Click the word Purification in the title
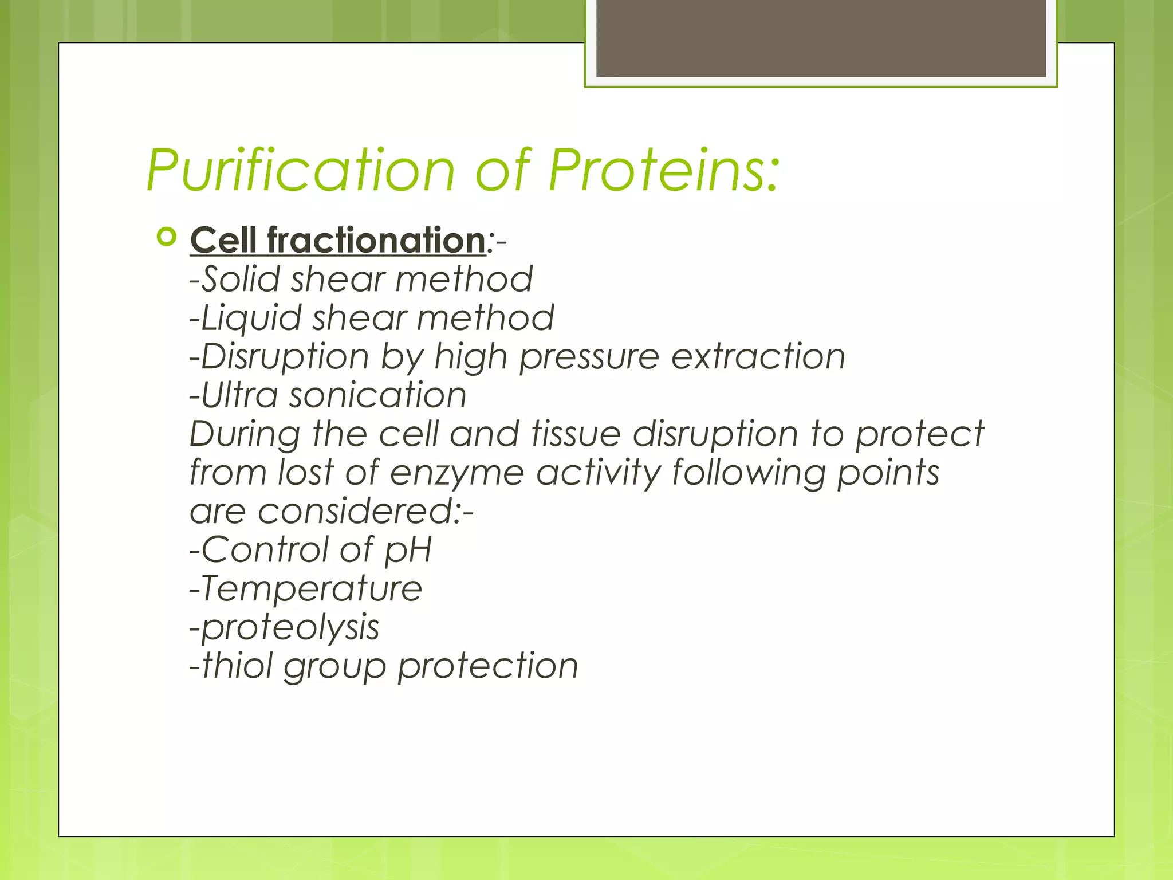click(300, 170)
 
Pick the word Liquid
click(251, 319)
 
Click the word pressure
click(589, 357)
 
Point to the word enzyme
click(458, 473)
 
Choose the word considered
click(356, 511)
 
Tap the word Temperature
click(312, 589)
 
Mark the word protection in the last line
click(487, 666)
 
